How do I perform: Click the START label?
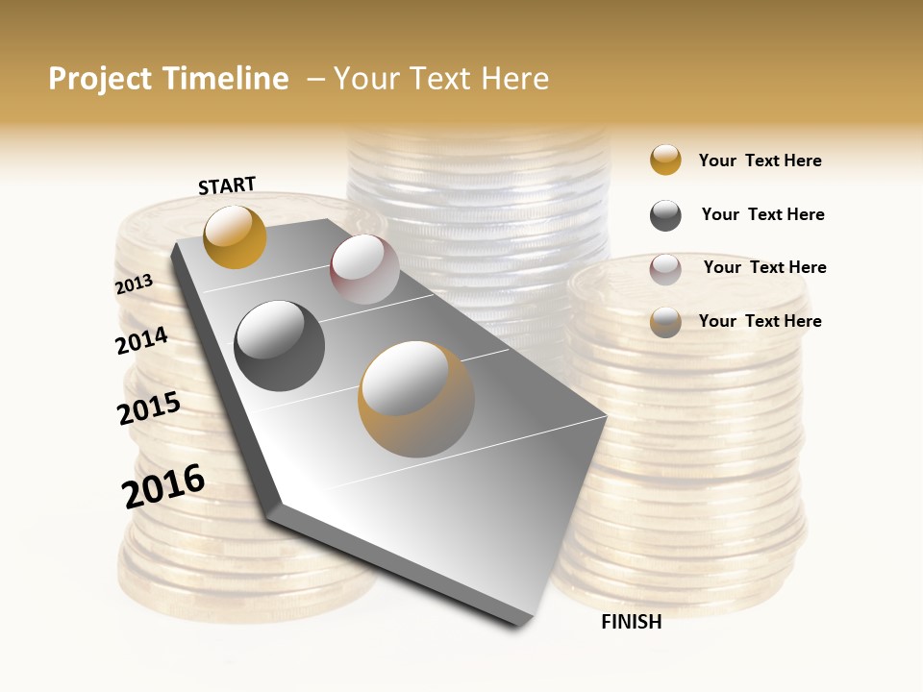[227, 185]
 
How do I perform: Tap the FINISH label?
[631, 622]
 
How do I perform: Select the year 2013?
[134, 284]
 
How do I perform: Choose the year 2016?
[163, 486]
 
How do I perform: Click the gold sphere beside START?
[235, 236]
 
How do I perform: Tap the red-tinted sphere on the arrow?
[364, 269]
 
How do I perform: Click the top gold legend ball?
[665, 160]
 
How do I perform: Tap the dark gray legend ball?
[665, 215]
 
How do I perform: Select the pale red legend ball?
[665, 269]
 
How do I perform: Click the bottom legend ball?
[665, 322]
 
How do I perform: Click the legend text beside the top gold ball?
[760, 161]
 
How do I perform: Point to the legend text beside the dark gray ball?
[762, 214]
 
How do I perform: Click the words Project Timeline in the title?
[168, 79]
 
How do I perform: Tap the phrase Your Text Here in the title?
[440, 79]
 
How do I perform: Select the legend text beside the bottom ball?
[760, 321]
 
